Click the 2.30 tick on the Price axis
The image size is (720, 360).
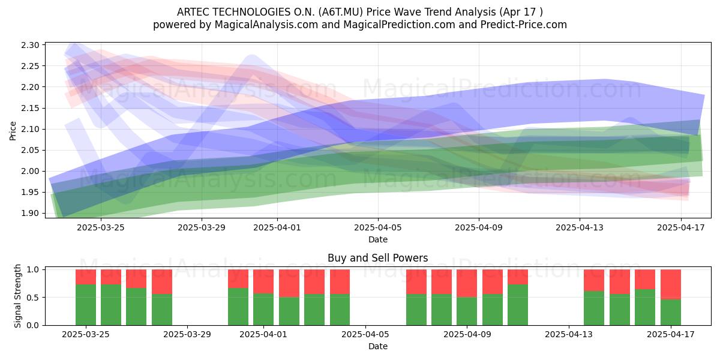coord(30,45)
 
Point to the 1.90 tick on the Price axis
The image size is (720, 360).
coord(30,213)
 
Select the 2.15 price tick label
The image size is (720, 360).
coord(30,108)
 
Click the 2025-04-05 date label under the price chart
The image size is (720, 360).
coord(378,227)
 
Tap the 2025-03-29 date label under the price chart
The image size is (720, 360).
coord(202,227)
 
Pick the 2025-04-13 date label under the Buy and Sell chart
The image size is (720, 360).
coord(569,334)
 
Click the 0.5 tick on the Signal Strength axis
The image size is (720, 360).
coord(32,298)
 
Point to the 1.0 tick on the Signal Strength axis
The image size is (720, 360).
coord(32,269)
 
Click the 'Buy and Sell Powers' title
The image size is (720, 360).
coord(377,258)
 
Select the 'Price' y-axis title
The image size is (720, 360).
coord(13,131)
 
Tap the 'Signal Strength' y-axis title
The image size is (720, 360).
coord(17,296)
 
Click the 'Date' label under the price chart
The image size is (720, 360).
coord(378,239)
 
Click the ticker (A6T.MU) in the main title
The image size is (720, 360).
coord(341,12)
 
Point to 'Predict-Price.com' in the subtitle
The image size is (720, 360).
coord(524,25)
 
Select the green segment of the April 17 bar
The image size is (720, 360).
coord(671,313)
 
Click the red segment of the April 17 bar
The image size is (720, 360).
coord(671,285)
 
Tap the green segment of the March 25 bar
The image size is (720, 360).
coord(86,305)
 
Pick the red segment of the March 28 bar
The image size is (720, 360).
coord(162,282)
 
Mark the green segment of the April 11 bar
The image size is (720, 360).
coord(518,305)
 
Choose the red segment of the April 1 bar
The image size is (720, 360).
coord(263,281)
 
